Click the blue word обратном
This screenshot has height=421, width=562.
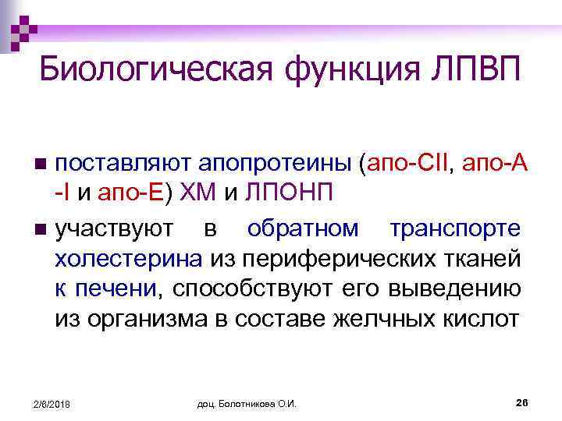pos(304,229)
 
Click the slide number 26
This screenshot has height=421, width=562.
pos(522,402)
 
